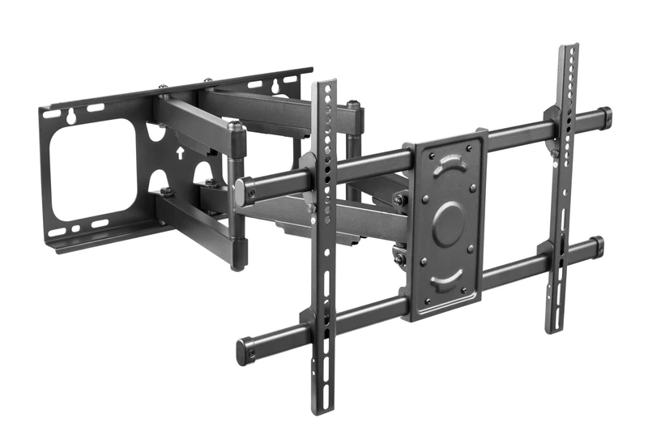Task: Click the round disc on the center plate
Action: click(x=448, y=223)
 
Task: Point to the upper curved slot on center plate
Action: click(x=447, y=167)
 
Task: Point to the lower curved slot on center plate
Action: click(x=446, y=280)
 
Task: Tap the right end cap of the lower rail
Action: click(x=596, y=244)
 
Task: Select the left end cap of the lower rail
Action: click(x=244, y=352)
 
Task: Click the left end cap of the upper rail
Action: click(x=241, y=192)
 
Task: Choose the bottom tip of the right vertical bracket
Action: click(x=552, y=327)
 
